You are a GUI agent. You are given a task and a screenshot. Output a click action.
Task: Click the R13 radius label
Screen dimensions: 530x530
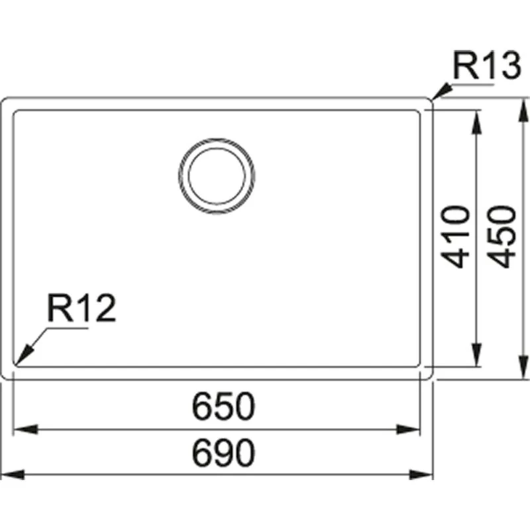pos(487,66)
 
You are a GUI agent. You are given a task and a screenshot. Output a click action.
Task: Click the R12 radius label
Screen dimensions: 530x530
pos(81,307)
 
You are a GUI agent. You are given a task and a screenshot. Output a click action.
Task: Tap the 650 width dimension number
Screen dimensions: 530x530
pos(223,406)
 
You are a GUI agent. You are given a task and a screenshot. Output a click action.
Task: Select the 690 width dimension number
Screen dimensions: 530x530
pos(223,453)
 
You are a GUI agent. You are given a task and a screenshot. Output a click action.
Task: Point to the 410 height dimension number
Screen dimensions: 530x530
pos(456,237)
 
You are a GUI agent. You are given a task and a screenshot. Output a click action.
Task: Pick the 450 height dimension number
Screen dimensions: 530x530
pos(502,237)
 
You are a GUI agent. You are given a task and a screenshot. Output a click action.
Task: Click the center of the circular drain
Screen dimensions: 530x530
pos(217,176)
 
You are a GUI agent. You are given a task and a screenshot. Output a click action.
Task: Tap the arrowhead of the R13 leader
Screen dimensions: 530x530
pos(441,92)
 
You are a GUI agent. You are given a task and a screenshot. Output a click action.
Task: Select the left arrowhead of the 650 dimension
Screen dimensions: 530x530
pos(25,429)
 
